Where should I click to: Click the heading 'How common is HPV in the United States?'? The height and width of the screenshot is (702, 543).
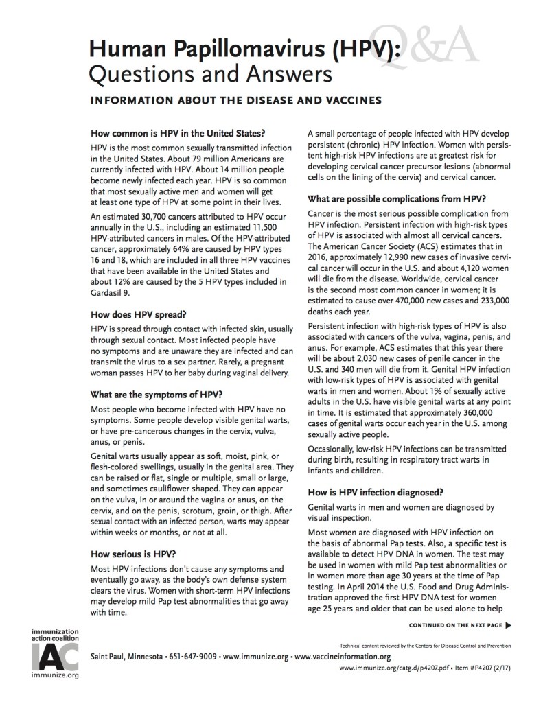(x=178, y=133)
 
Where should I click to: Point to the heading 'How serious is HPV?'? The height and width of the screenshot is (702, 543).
(x=136, y=550)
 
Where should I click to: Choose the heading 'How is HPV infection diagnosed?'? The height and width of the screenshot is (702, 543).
(x=374, y=491)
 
